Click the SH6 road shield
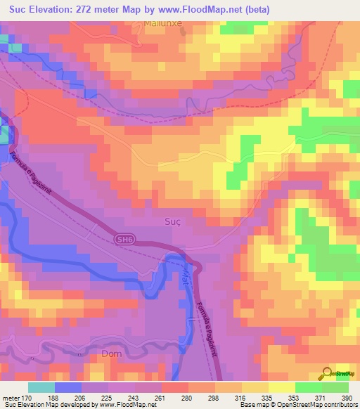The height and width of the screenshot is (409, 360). point(124,240)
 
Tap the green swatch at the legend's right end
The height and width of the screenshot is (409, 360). point(335,387)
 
